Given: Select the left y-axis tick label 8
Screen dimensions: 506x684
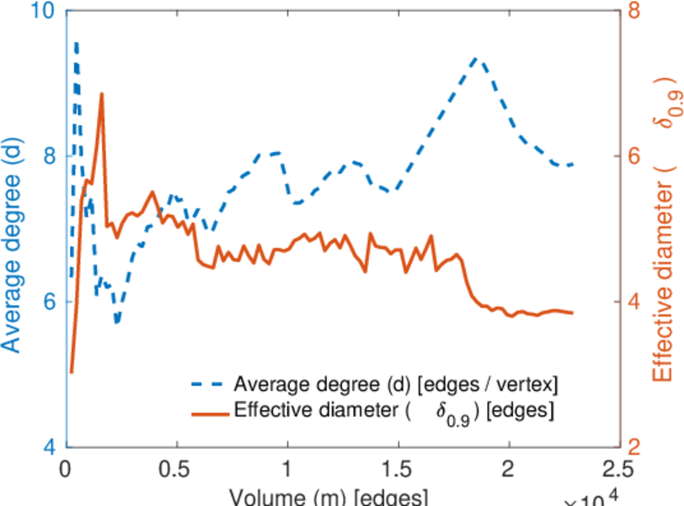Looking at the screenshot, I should pos(47,156).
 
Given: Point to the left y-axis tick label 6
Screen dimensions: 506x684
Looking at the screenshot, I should pos(47,301).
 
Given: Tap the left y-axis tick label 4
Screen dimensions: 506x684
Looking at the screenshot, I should pos(47,445).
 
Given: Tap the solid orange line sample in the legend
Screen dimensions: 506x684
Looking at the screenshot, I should pos(207,412).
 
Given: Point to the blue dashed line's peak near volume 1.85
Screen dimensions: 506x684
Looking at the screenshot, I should pos(477,58).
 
